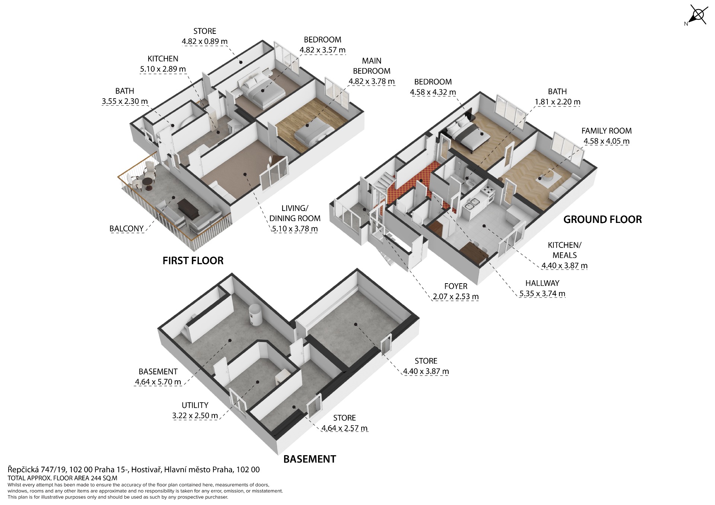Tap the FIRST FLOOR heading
193,261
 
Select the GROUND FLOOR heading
603,220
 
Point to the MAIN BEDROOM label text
372,66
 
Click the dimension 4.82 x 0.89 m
205,41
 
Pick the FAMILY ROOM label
607,131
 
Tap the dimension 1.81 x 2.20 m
557,102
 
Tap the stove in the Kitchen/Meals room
487,191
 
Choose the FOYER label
456,286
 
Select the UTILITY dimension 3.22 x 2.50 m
195,416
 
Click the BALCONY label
127,228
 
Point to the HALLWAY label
542,283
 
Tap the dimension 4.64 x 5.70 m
158,382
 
